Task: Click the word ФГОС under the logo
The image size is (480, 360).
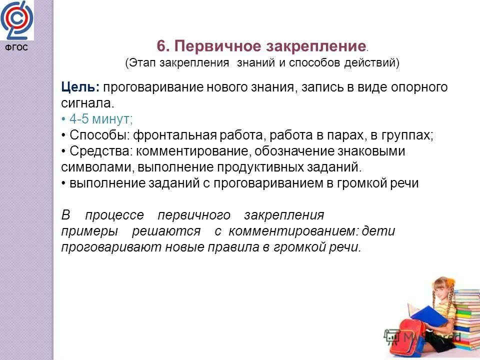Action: (x=17, y=48)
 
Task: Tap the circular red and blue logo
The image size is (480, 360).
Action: (x=17, y=20)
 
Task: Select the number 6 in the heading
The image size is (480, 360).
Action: (x=161, y=46)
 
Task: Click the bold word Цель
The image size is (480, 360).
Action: (x=80, y=87)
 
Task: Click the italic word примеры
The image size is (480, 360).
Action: (x=89, y=231)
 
